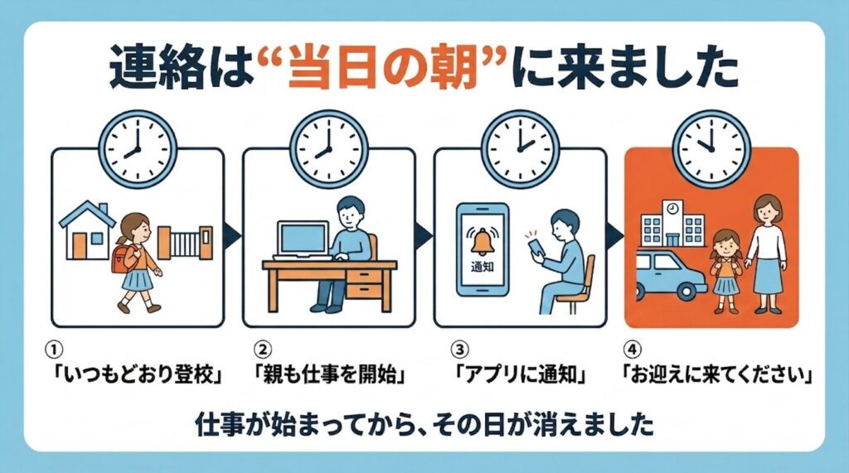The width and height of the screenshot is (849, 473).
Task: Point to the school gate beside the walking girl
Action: tap(185, 243)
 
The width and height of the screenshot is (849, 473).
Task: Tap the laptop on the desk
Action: tap(303, 240)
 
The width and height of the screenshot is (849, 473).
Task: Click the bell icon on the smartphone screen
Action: tap(481, 241)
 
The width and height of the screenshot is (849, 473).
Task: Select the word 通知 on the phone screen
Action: tap(482, 267)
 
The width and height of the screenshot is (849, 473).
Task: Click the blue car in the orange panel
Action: tap(670, 275)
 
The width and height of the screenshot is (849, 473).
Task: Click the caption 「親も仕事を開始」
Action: tap(330, 374)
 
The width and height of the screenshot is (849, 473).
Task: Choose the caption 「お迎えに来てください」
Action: tap(717, 374)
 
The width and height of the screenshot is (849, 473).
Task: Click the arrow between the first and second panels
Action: tap(233, 234)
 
